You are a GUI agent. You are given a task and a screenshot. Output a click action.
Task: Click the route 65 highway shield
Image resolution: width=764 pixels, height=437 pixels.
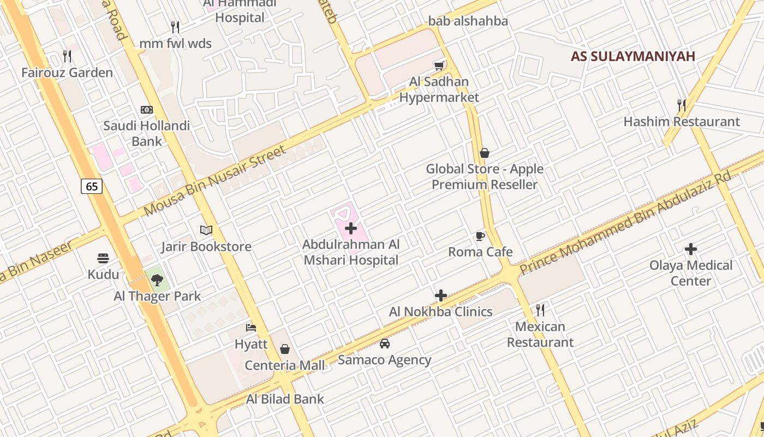[92, 186]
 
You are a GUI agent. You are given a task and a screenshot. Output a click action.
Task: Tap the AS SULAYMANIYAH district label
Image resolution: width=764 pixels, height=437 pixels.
[633, 56]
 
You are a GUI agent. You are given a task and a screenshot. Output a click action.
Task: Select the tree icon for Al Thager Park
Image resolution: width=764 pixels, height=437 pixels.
[157, 280]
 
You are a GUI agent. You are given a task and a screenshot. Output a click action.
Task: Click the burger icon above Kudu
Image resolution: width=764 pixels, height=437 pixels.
[103, 258]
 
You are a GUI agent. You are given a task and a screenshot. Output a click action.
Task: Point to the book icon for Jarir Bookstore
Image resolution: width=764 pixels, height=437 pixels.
[206, 231]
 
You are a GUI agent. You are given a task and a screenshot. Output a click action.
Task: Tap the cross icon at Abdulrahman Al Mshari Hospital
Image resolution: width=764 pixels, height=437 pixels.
[351, 228]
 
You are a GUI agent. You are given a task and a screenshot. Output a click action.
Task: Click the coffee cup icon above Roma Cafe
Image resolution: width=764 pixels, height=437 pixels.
[480, 236]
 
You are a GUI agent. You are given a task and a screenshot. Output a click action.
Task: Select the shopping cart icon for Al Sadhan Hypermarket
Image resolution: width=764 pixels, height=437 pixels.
[439, 66]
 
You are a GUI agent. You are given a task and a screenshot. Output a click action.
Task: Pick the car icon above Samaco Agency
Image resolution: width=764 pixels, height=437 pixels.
[385, 344]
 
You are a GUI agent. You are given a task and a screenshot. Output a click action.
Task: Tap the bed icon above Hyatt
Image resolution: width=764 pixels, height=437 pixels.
[251, 328]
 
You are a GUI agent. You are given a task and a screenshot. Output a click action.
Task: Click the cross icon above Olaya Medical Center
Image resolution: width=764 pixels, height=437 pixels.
[691, 250]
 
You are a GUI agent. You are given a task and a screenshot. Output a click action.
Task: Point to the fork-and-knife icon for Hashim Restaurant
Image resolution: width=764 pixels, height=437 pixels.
[682, 105]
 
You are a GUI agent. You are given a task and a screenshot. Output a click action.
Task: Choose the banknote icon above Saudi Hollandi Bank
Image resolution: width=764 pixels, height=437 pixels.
[147, 110]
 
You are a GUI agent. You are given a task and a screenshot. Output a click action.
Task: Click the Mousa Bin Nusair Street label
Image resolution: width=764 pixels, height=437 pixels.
[215, 181]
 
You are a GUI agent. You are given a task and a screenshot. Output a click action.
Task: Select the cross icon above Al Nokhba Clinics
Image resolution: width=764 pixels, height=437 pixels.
[441, 296]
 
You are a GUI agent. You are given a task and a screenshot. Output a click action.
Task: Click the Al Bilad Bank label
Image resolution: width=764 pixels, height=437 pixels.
[285, 399]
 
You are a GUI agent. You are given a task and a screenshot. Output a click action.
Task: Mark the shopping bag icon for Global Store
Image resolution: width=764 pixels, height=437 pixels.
[485, 153]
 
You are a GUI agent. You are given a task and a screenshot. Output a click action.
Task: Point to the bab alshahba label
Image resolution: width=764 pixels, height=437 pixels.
[468, 21]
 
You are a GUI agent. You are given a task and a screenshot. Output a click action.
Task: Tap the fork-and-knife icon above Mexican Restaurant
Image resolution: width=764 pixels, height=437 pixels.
[540, 310]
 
